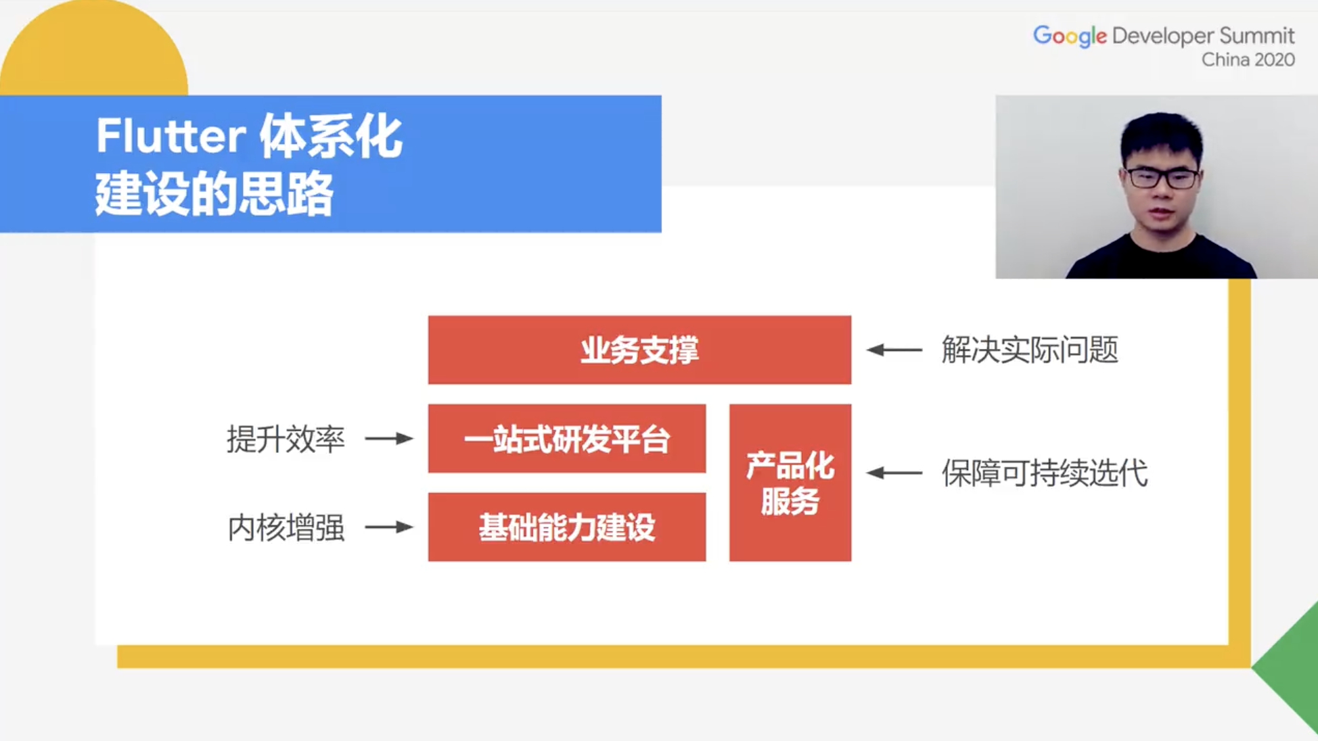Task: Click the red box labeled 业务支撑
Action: pyautogui.click(x=639, y=350)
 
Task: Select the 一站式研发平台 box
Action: pyautogui.click(x=566, y=439)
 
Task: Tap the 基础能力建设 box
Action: pyautogui.click(x=566, y=527)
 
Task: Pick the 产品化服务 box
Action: pyautogui.click(x=790, y=483)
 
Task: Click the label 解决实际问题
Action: pyautogui.click(x=1029, y=350)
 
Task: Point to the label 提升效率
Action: pyautogui.click(x=286, y=439)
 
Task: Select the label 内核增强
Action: pyautogui.click(x=286, y=527)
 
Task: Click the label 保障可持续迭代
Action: pyautogui.click(x=1044, y=473)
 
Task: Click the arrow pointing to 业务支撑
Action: pyautogui.click(x=894, y=350)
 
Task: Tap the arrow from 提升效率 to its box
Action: pyautogui.click(x=389, y=439)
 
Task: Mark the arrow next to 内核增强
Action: pyautogui.click(x=389, y=527)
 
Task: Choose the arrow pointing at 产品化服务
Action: pyautogui.click(x=894, y=473)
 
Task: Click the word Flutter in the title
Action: pyautogui.click(x=171, y=137)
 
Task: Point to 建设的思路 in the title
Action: pyautogui.click(x=214, y=194)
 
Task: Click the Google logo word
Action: pyautogui.click(x=1069, y=36)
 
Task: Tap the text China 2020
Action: pyautogui.click(x=1248, y=60)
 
